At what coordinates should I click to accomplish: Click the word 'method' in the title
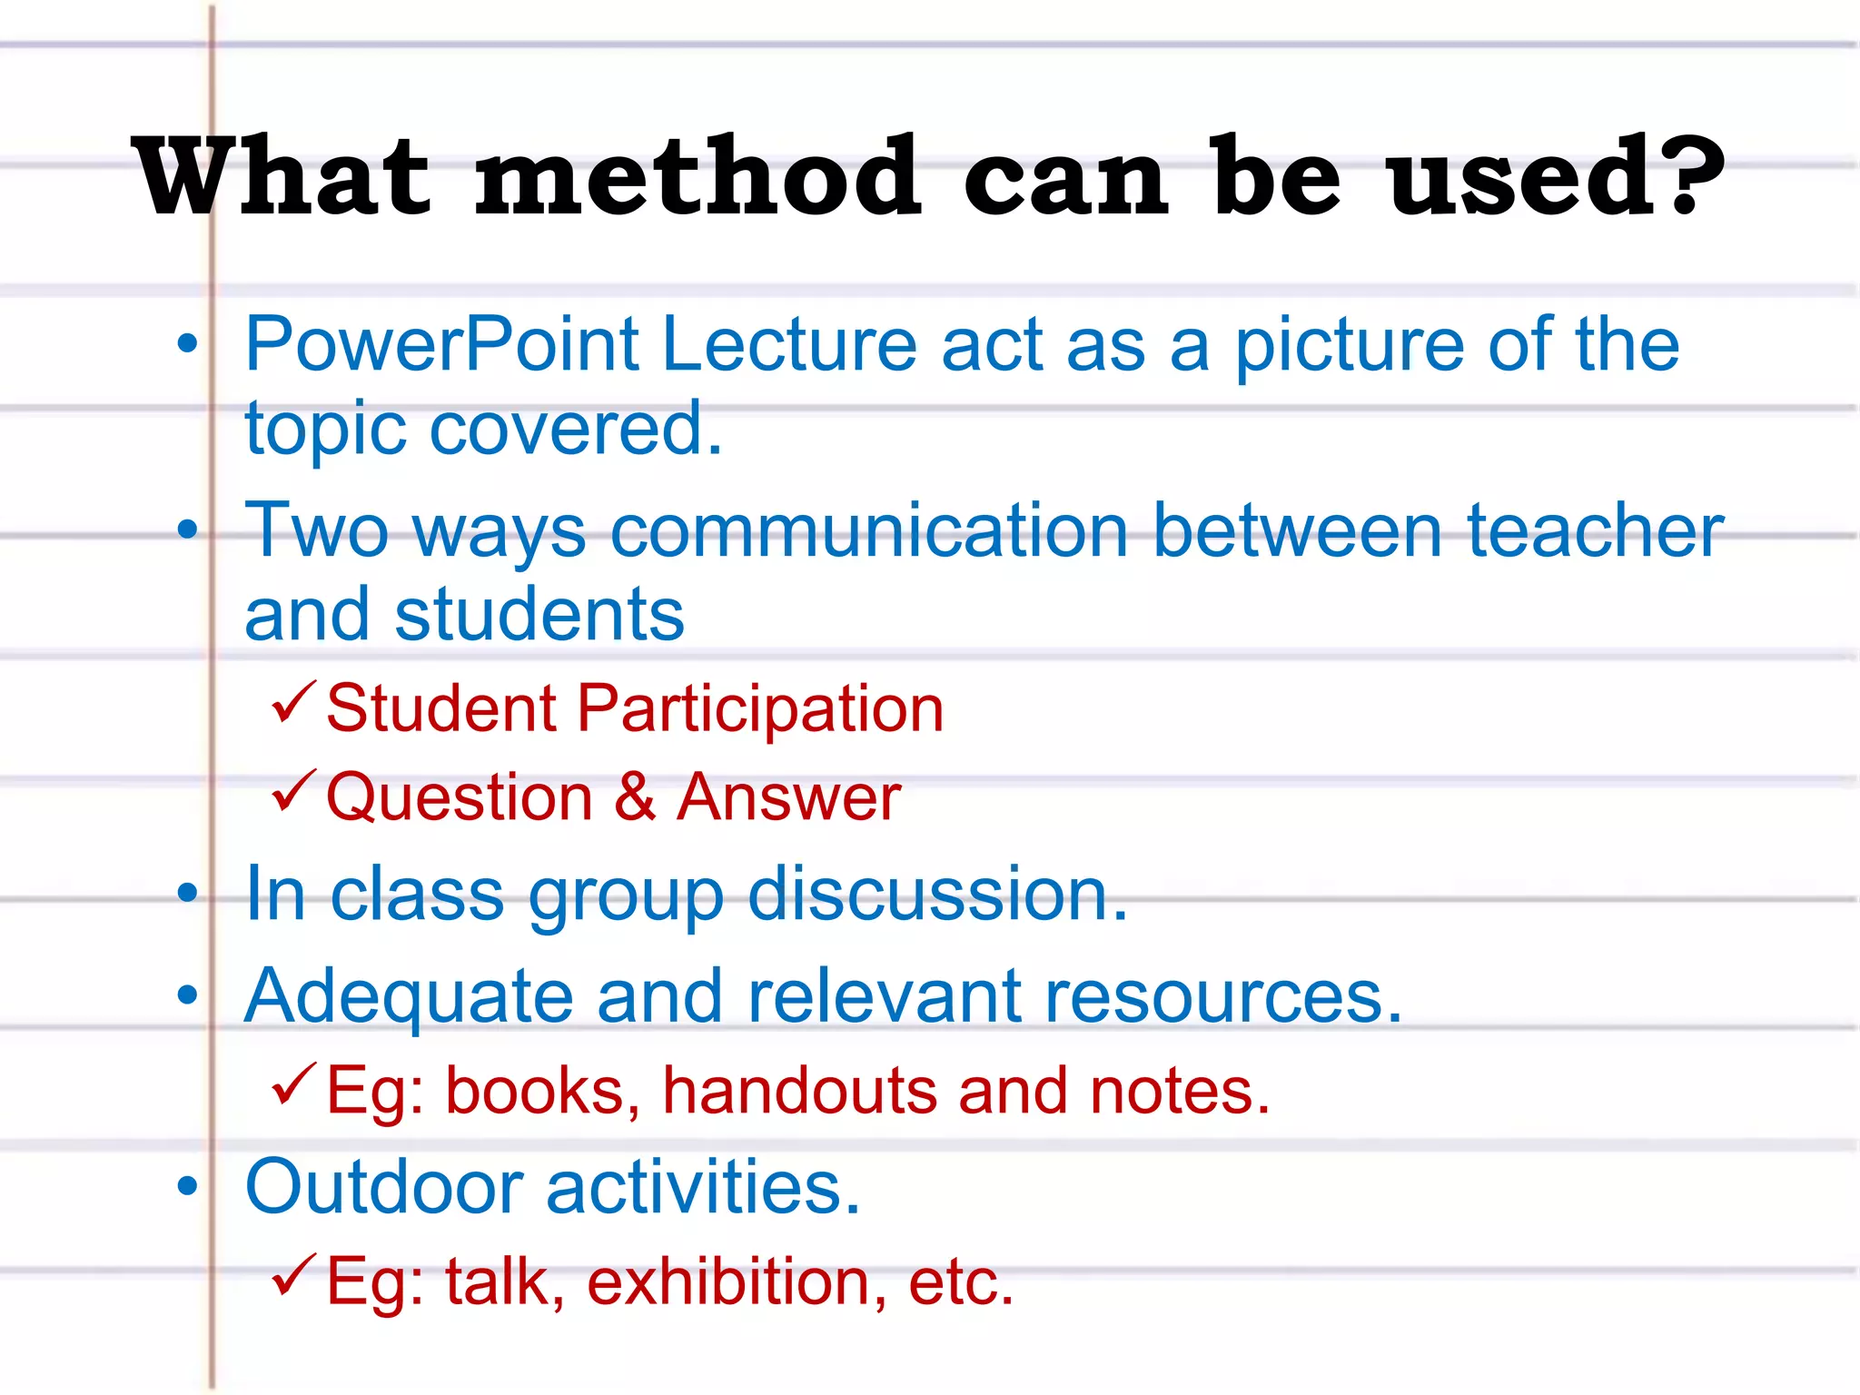click(697, 177)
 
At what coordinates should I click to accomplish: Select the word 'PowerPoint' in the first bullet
click(442, 344)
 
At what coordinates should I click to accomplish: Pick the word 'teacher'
click(1596, 531)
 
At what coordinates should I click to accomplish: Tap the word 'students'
click(539, 615)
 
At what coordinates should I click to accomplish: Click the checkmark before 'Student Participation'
click(293, 703)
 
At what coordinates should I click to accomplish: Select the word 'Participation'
click(760, 708)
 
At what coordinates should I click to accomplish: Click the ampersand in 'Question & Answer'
click(635, 797)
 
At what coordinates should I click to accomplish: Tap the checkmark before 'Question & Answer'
click(293, 791)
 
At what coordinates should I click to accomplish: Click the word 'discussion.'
click(937, 895)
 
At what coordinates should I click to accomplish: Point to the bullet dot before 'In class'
click(187, 893)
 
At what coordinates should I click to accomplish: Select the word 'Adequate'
click(409, 997)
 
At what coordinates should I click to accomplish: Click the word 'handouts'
click(799, 1091)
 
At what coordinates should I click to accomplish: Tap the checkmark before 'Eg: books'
click(293, 1084)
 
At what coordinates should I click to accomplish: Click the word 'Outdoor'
click(384, 1187)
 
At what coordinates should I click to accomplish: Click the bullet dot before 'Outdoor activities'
click(187, 1185)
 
